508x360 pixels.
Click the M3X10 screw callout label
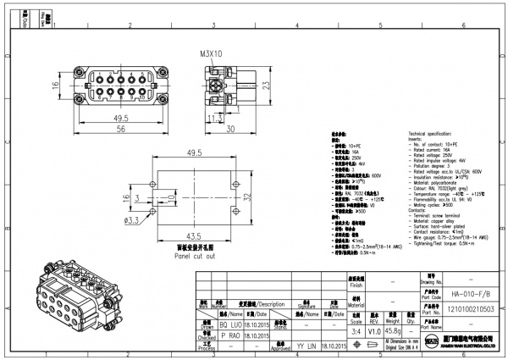coord(212,53)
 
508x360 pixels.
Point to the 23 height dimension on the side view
coord(266,85)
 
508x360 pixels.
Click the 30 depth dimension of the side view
coord(229,129)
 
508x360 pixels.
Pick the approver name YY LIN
coord(306,346)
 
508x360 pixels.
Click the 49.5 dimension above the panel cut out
coord(195,152)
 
